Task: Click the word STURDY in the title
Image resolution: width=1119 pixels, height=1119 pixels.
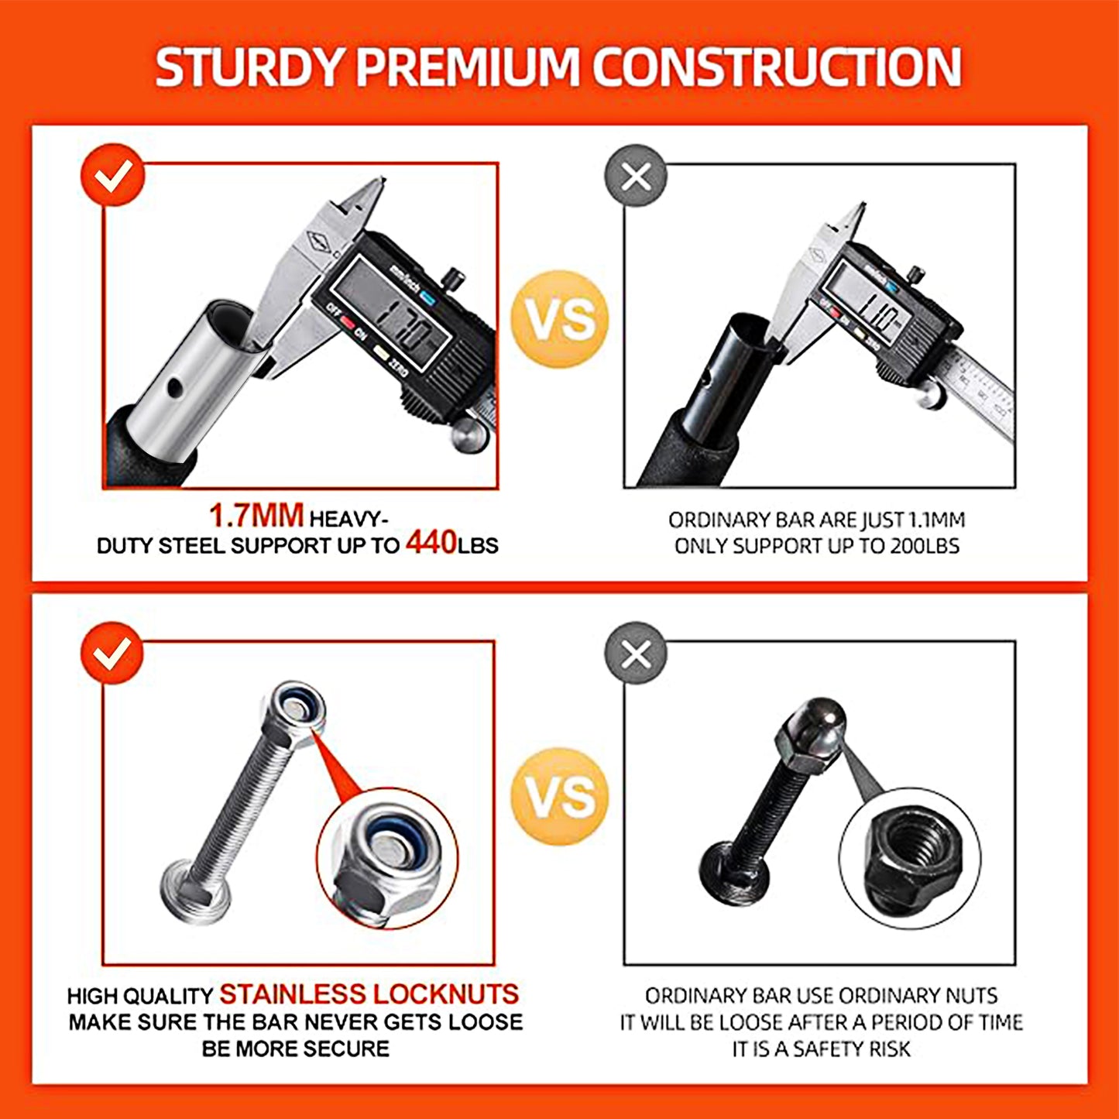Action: coord(249,68)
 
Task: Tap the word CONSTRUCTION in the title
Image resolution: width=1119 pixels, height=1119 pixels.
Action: coord(777,68)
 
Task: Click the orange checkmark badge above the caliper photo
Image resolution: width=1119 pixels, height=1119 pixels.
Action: coord(112,175)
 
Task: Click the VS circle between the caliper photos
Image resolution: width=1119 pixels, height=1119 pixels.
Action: coord(560,319)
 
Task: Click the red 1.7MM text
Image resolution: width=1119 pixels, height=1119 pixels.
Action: coord(256,516)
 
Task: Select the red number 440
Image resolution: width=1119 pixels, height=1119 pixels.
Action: coord(431,542)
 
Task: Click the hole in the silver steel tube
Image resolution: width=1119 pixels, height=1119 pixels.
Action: coord(173,386)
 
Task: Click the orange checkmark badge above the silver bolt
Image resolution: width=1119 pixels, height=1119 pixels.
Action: coord(112,653)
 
